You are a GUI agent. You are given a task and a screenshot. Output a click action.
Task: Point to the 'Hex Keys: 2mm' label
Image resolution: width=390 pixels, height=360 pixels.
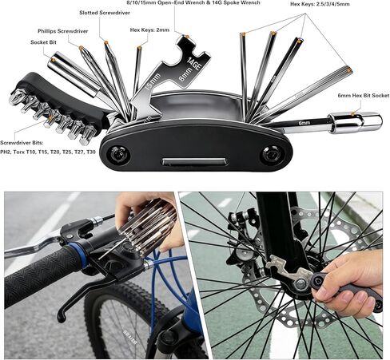point(149,30)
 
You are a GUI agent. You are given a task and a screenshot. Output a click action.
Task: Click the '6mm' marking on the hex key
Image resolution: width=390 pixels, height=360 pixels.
point(304,123)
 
